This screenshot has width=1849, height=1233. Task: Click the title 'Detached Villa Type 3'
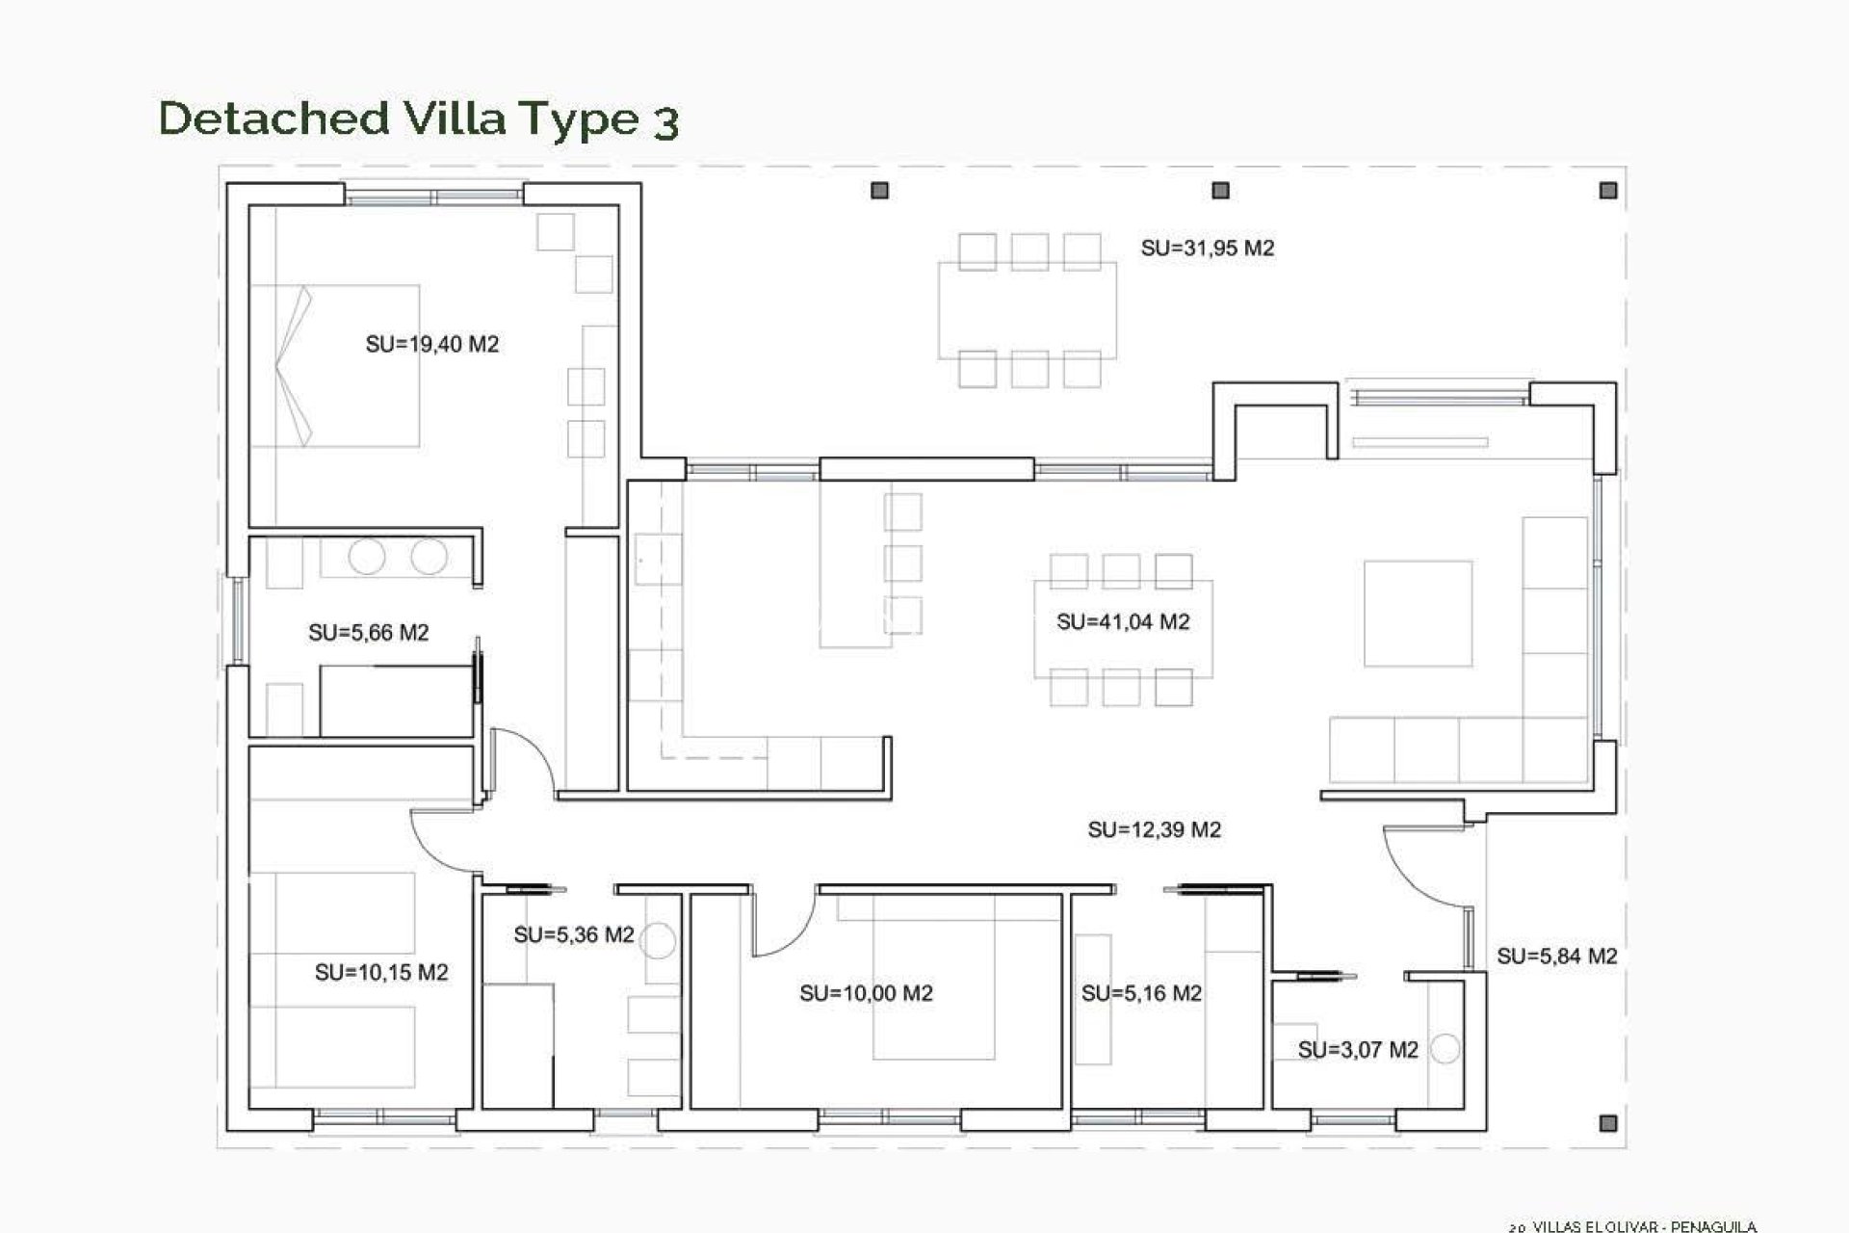419,118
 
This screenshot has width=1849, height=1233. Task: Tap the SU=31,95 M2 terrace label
1207,249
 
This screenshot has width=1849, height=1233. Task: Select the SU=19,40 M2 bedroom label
431,345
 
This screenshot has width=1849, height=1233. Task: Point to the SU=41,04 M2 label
1123,622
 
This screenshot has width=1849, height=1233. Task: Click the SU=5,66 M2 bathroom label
368,633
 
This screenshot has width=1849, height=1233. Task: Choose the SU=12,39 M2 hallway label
1154,830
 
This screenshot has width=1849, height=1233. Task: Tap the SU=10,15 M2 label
381,973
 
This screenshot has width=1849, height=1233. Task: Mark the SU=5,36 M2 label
573,935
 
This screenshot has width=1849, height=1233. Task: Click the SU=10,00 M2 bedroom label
866,993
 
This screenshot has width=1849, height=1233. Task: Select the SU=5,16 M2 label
1141,993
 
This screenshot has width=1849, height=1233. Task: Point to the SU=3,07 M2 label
1358,1050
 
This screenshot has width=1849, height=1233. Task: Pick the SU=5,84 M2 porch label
1556,957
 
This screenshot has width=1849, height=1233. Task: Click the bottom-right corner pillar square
1607,1123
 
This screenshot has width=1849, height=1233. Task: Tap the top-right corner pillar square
1607,191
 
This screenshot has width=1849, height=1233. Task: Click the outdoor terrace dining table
1028,310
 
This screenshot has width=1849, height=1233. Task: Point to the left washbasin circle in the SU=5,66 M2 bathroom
366,557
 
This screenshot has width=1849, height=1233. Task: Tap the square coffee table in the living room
1418,614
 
